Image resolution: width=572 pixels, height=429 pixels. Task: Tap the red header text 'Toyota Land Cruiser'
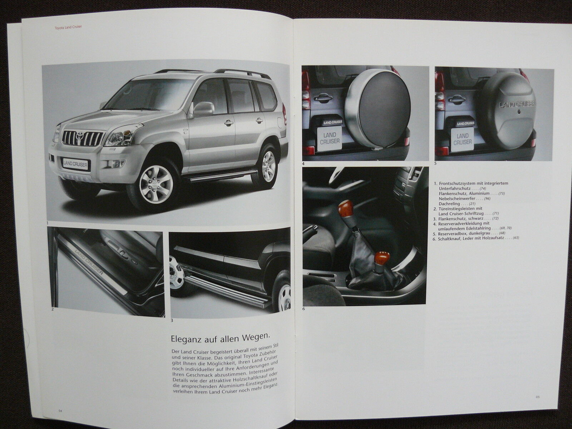(68, 27)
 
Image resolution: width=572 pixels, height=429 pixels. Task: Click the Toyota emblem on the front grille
(79, 136)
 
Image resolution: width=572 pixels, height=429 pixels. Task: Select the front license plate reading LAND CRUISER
(75, 164)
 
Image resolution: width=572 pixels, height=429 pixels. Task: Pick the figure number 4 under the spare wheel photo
(304, 164)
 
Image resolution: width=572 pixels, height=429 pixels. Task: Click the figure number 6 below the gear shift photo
(304, 309)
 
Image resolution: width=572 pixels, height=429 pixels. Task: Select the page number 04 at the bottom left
(60, 410)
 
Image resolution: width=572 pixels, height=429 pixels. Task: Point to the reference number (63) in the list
(516, 238)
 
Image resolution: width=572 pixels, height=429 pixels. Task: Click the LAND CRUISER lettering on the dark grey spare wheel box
(517, 104)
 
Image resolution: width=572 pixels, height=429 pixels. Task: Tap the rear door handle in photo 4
(322, 97)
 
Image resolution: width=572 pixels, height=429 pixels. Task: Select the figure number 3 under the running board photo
(172, 320)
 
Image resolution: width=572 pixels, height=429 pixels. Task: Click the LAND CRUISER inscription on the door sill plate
(88, 262)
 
